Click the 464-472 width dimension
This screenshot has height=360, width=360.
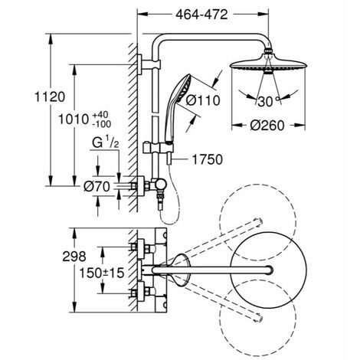pos(201,15)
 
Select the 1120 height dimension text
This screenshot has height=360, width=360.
pos(50,97)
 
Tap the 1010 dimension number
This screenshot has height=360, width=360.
pos(74,119)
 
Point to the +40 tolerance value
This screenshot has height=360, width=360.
pos(100,114)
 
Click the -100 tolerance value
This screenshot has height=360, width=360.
pos(102,124)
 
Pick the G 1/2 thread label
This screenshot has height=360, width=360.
pos(106,142)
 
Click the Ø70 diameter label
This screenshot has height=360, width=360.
pos(97,187)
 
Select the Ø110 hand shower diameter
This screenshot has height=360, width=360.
pos(203,100)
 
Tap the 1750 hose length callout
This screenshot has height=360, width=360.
pos(207,159)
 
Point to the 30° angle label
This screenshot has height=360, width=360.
pos(268,102)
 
